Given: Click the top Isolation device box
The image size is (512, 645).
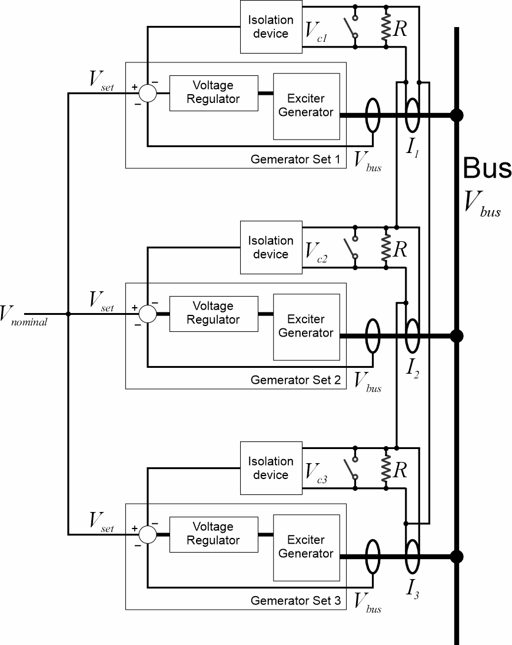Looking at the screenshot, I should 271,26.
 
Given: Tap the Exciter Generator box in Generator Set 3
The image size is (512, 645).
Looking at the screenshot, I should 306,547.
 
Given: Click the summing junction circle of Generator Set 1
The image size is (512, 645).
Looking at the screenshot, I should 147,93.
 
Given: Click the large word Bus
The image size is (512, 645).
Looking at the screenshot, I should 487,169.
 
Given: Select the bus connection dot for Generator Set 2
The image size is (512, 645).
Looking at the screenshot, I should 456,336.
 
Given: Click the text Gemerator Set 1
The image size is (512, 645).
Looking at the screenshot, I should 295,159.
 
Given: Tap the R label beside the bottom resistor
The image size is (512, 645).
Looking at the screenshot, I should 401,470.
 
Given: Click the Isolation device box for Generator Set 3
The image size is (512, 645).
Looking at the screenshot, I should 271,468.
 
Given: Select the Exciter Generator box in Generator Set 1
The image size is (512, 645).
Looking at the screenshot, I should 306,105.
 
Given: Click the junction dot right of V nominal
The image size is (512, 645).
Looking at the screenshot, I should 69,314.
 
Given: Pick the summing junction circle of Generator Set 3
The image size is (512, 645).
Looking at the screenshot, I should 147,534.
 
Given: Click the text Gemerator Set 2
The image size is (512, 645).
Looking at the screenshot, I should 295,380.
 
